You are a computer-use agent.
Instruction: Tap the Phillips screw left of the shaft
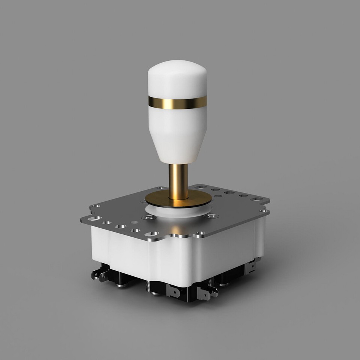click(149, 217)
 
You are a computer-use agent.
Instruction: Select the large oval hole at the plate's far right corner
click(256, 199)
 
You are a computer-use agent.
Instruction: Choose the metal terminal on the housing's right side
click(250, 267)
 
